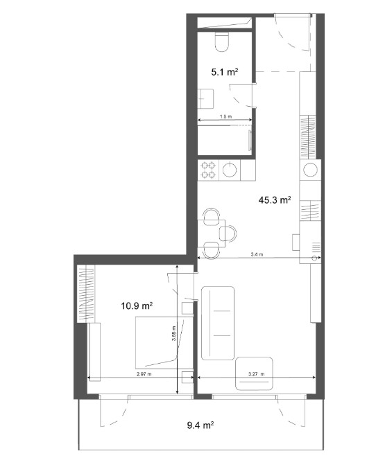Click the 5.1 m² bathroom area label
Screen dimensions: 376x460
click(x=225, y=72)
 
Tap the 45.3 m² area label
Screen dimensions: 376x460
click(x=275, y=200)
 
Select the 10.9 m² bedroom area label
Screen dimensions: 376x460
click(x=137, y=306)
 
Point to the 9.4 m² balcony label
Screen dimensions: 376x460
click(x=200, y=425)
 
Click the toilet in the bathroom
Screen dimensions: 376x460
click(x=222, y=42)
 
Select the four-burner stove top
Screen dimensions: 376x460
click(x=208, y=170)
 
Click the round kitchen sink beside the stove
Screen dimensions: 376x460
click(x=230, y=170)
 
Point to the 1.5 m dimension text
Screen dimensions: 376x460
click(x=225, y=116)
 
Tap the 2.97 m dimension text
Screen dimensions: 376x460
click(x=144, y=374)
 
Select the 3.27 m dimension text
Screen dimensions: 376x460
click(x=256, y=374)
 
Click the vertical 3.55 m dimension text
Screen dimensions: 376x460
click(x=174, y=333)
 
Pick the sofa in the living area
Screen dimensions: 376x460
click(x=218, y=323)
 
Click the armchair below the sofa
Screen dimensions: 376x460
click(x=254, y=373)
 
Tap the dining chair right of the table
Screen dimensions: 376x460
click(x=228, y=233)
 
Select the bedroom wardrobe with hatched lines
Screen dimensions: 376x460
click(x=86, y=294)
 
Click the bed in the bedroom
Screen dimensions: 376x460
click(x=164, y=343)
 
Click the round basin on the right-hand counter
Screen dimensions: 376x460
click(x=311, y=170)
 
